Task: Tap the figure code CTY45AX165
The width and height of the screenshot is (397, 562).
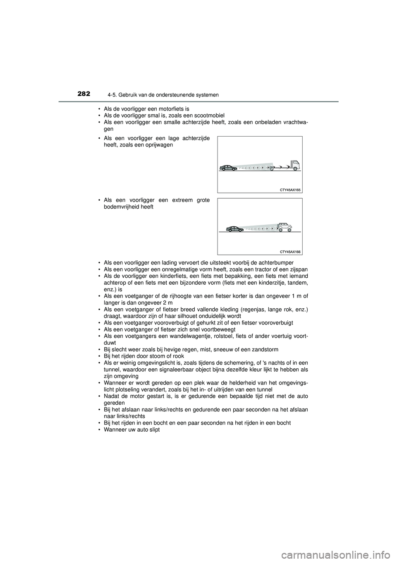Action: [290, 190]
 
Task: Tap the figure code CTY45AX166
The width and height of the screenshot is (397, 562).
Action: [290, 252]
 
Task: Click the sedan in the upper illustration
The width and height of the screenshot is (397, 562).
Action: [227, 168]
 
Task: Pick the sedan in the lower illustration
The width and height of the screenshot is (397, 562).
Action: [234, 229]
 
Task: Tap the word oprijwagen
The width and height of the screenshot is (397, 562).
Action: [155, 146]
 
